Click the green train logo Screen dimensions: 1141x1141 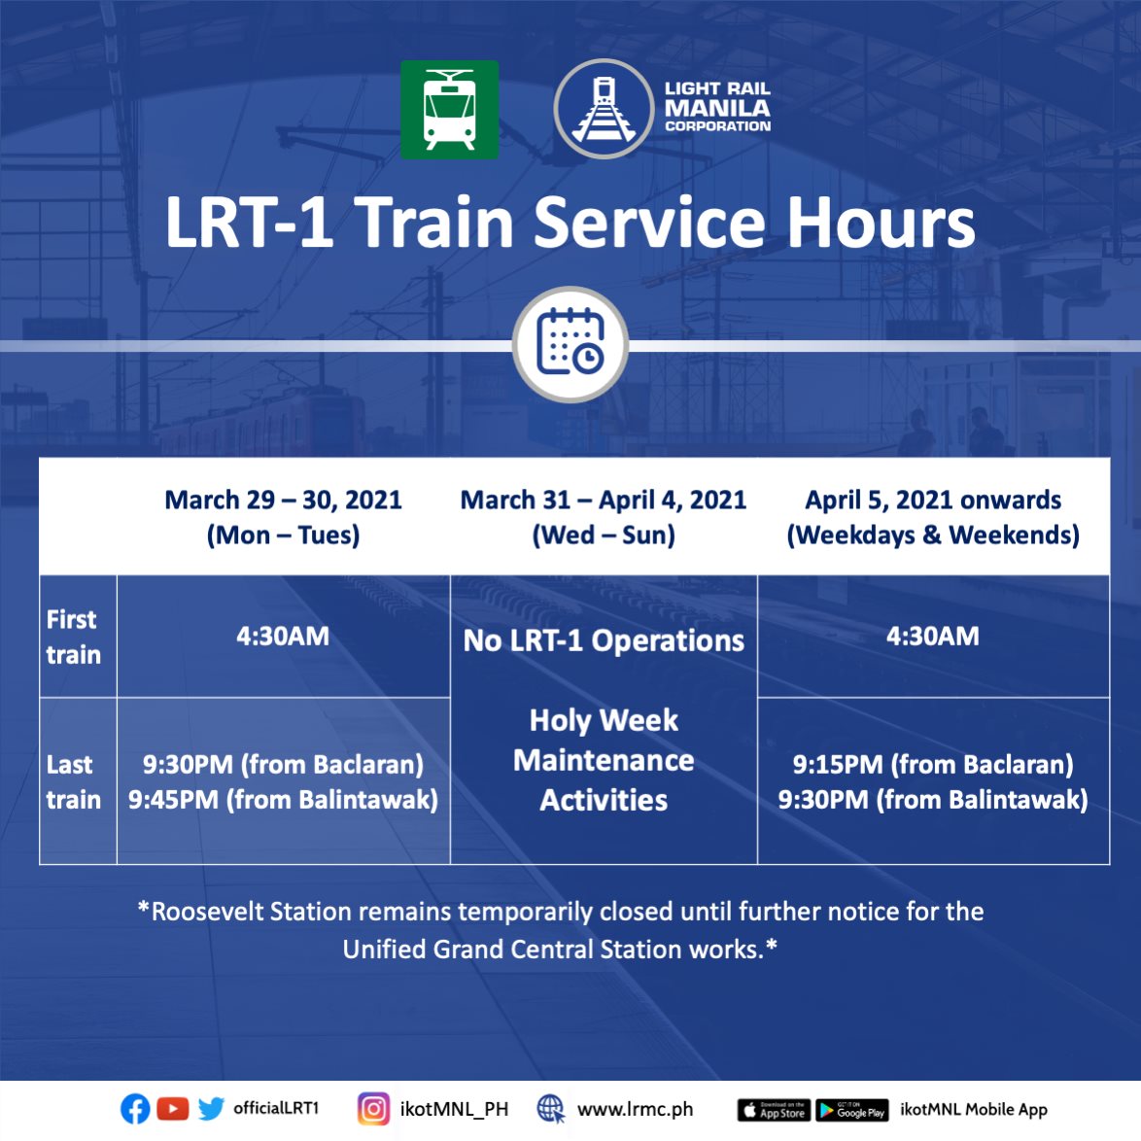[449, 110]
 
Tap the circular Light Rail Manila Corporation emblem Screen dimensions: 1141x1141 [604, 109]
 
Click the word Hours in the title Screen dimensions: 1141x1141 [880, 223]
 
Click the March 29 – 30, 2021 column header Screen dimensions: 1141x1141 [283, 517]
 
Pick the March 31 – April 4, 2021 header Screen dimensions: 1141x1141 [604, 517]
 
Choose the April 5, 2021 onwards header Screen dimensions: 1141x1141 [933, 517]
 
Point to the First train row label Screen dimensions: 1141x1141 [73, 637]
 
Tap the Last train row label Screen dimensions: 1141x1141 [73, 781]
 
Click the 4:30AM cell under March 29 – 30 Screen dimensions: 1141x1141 [283, 637]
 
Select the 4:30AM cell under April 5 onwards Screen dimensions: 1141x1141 [933, 637]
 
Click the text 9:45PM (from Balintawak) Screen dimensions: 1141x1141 [283, 800]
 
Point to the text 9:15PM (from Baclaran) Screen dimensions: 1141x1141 [933, 765]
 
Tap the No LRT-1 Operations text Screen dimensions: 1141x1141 [604, 641]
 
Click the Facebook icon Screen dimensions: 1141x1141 [135, 1109]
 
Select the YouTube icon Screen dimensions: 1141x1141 [172, 1109]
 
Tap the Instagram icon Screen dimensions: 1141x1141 [373, 1109]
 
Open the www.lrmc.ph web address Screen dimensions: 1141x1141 [635, 1109]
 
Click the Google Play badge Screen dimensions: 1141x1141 [851, 1110]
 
